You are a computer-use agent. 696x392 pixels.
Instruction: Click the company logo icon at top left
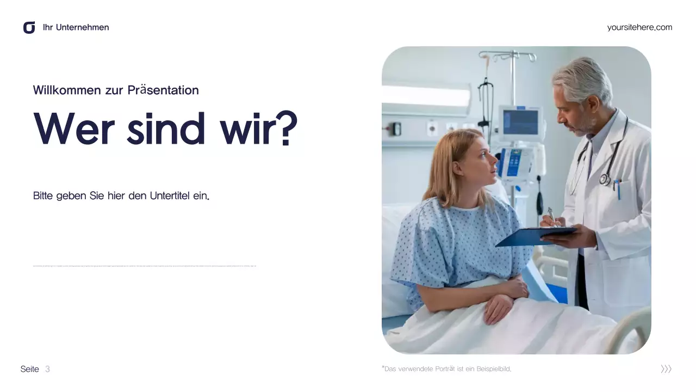click(29, 27)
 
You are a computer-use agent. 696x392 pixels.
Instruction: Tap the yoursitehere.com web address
click(639, 27)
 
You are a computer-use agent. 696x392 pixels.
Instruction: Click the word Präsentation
click(163, 90)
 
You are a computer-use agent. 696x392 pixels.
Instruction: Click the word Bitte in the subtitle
click(43, 196)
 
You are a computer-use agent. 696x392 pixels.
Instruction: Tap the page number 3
click(47, 369)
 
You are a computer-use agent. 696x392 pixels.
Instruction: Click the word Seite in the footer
click(30, 369)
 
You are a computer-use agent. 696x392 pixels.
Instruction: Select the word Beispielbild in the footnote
click(494, 369)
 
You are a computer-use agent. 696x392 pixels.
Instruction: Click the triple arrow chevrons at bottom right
click(666, 369)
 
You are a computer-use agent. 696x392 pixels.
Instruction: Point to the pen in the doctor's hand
click(551, 215)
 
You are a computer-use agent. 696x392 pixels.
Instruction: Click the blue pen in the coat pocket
click(618, 188)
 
